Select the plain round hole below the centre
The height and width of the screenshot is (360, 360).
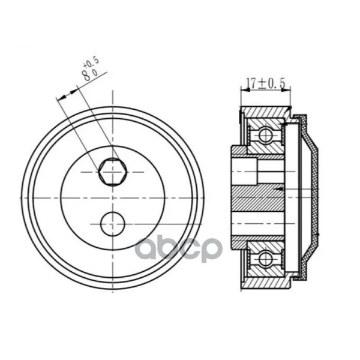pyautogui.click(x=113, y=224)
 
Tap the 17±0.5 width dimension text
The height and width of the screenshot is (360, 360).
pyautogui.click(x=265, y=83)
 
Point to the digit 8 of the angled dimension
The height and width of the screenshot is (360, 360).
pyautogui.click(x=87, y=76)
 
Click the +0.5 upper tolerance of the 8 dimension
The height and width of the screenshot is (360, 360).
pyautogui.click(x=92, y=62)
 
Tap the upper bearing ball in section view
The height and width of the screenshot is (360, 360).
pyautogui.click(x=266, y=135)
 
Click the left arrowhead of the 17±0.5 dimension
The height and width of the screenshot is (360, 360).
pyautogui.click(x=245, y=90)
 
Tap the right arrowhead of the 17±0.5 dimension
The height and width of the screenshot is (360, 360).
pyautogui.click(x=286, y=90)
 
